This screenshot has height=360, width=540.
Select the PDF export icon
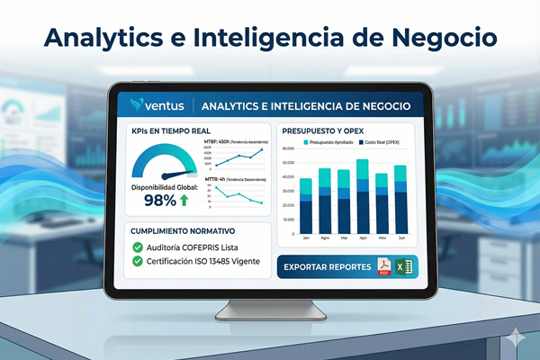(x=384, y=268)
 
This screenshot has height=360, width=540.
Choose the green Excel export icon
(x=405, y=268)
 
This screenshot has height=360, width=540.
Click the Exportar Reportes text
(x=327, y=268)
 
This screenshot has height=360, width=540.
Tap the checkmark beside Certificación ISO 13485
(x=138, y=263)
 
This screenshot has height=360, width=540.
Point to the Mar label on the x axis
(x=344, y=238)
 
